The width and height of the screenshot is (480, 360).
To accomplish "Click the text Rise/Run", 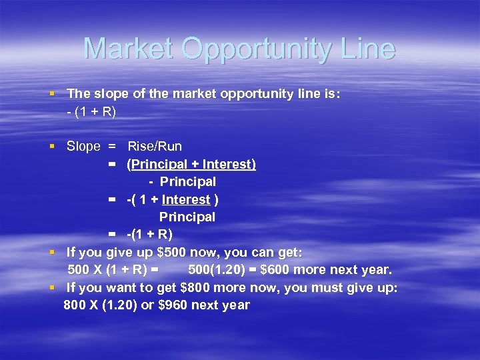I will [x=155, y=146].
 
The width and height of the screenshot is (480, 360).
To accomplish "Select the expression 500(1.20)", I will [x=217, y=270].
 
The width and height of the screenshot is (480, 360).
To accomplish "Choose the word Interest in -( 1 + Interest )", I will [x=186, y=199].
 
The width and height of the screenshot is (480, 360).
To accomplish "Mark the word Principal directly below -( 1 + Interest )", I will [x=187, y=217].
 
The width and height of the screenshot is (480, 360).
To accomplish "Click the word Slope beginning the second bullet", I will [x=83, y=146].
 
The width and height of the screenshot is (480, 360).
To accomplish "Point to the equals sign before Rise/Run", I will [x=112, y=146].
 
